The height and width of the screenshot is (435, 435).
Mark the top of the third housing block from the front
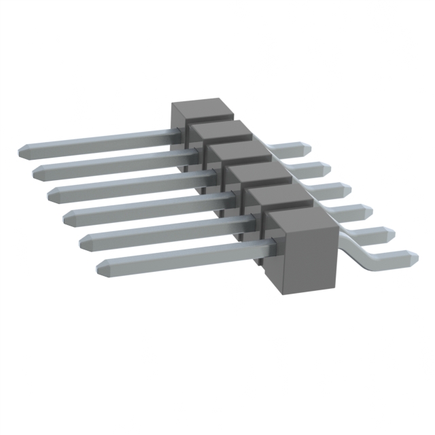click(258, 173)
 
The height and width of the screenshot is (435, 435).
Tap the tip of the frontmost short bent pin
click(413, 258)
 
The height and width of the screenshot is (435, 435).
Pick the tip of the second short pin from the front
click(392, 234)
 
